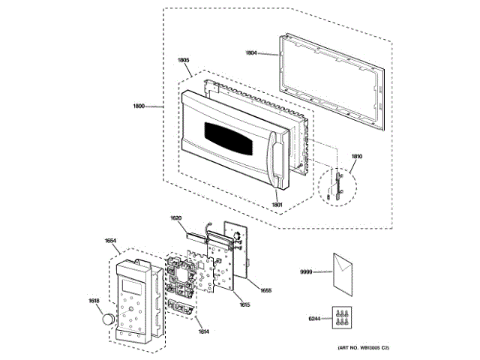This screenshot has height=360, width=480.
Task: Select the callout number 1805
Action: click(183, 60)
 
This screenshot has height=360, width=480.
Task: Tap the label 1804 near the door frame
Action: click(251, 52)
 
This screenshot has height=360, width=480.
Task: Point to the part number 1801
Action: click(277, 204)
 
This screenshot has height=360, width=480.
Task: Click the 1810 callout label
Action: click(356, 156)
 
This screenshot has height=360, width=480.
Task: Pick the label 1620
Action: click(175, 217)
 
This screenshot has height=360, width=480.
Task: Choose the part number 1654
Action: click(110, 240)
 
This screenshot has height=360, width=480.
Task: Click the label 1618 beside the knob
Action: click(94, 301)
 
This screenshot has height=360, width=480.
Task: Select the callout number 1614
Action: click(182, 331)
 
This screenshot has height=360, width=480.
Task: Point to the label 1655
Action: click(265, 290)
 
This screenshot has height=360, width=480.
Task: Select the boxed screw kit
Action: click(343, 318)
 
